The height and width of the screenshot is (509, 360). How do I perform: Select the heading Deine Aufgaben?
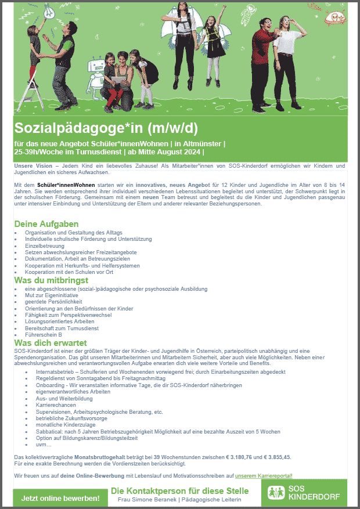tap(46, 224)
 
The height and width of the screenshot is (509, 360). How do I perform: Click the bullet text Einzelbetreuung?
tap(45, 246)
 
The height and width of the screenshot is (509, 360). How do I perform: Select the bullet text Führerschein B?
tap(44, 335)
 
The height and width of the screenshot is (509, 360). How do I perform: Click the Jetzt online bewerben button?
tap(60, 498)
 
